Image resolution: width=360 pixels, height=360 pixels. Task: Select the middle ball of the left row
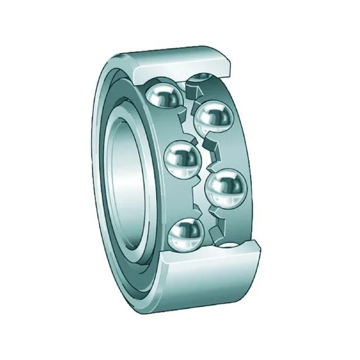pos(181,160)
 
